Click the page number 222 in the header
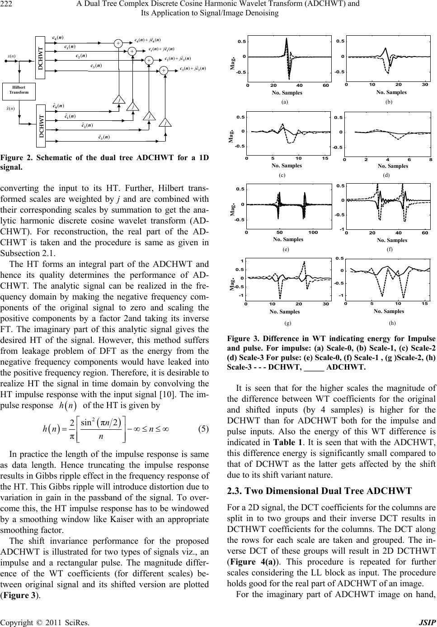click(x=7, y=4)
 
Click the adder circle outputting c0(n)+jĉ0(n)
click(x=118, y=43)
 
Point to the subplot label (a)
click(x=284, y=103)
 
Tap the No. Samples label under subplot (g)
click(x=284, y=312)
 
